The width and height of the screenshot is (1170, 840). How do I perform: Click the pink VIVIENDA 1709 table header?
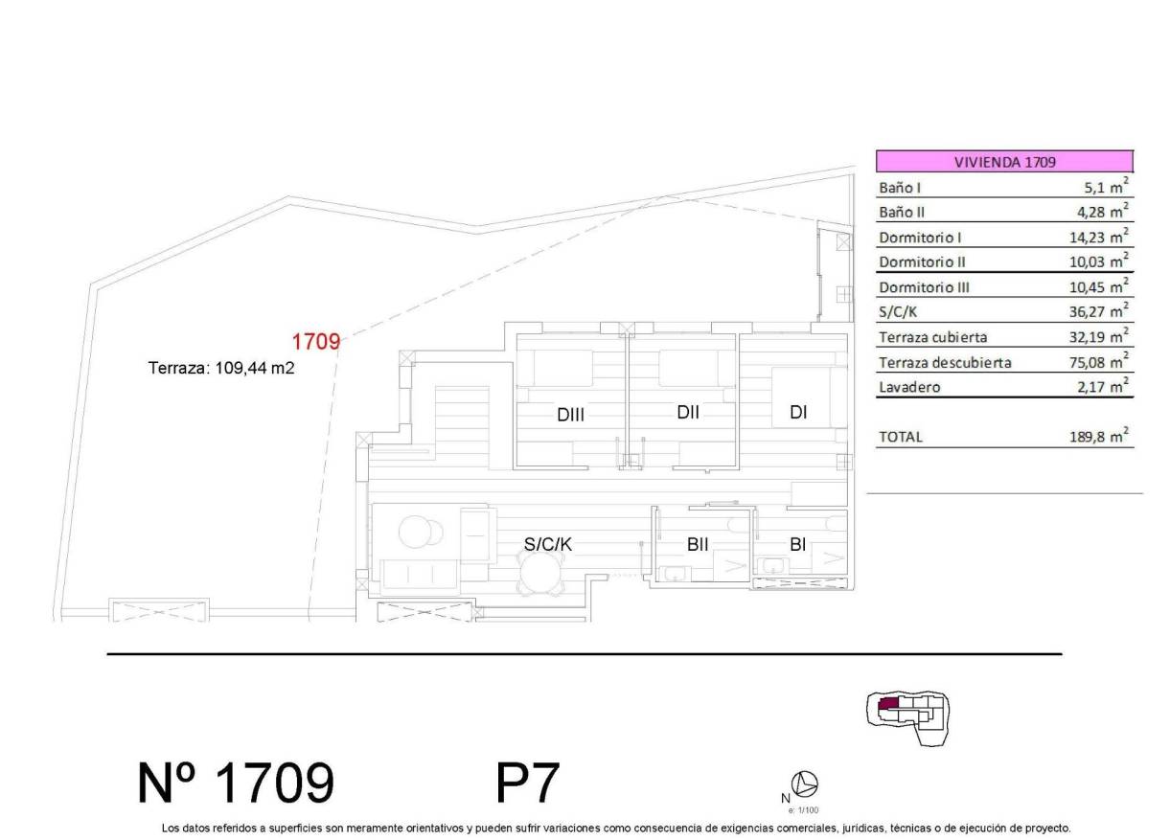pos(1004,162)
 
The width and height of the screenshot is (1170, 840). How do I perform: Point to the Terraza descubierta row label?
pos(945,362)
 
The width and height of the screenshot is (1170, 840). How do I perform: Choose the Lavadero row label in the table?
pos(909,387)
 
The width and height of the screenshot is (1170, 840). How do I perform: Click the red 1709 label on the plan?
pos(315,341)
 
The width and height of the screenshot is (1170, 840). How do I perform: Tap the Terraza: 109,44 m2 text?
pos(220,367)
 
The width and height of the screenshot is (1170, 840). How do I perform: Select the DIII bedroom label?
pos(570,415)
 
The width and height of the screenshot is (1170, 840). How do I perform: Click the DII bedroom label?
pos(687,413)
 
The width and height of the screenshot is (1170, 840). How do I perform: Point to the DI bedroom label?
pos(798,413)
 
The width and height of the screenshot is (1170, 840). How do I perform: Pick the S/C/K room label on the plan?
pos(547,544)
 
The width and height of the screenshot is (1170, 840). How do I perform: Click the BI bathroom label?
pos(797,544)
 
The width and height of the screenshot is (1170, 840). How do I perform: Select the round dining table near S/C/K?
pos(538,577)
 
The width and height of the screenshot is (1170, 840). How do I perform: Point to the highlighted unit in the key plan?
pos(888,704)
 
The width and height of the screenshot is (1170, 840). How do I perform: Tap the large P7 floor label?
pos(527,783)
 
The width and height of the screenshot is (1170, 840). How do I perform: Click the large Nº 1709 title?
pos(237,783)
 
